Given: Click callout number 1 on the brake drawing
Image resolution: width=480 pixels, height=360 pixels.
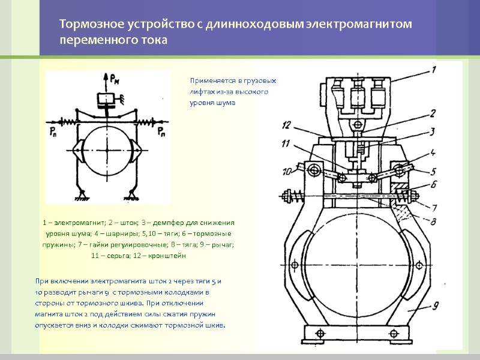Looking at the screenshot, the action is click(432, 70).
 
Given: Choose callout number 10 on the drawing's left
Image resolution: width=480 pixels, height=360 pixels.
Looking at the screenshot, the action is click(287, 171).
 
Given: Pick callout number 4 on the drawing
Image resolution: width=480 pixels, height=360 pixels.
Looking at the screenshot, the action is click(433, 152).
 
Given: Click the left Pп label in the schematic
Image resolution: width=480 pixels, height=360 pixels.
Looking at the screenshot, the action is click(54, 130).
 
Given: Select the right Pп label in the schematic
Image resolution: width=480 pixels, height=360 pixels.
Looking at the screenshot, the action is click(161, 130).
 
